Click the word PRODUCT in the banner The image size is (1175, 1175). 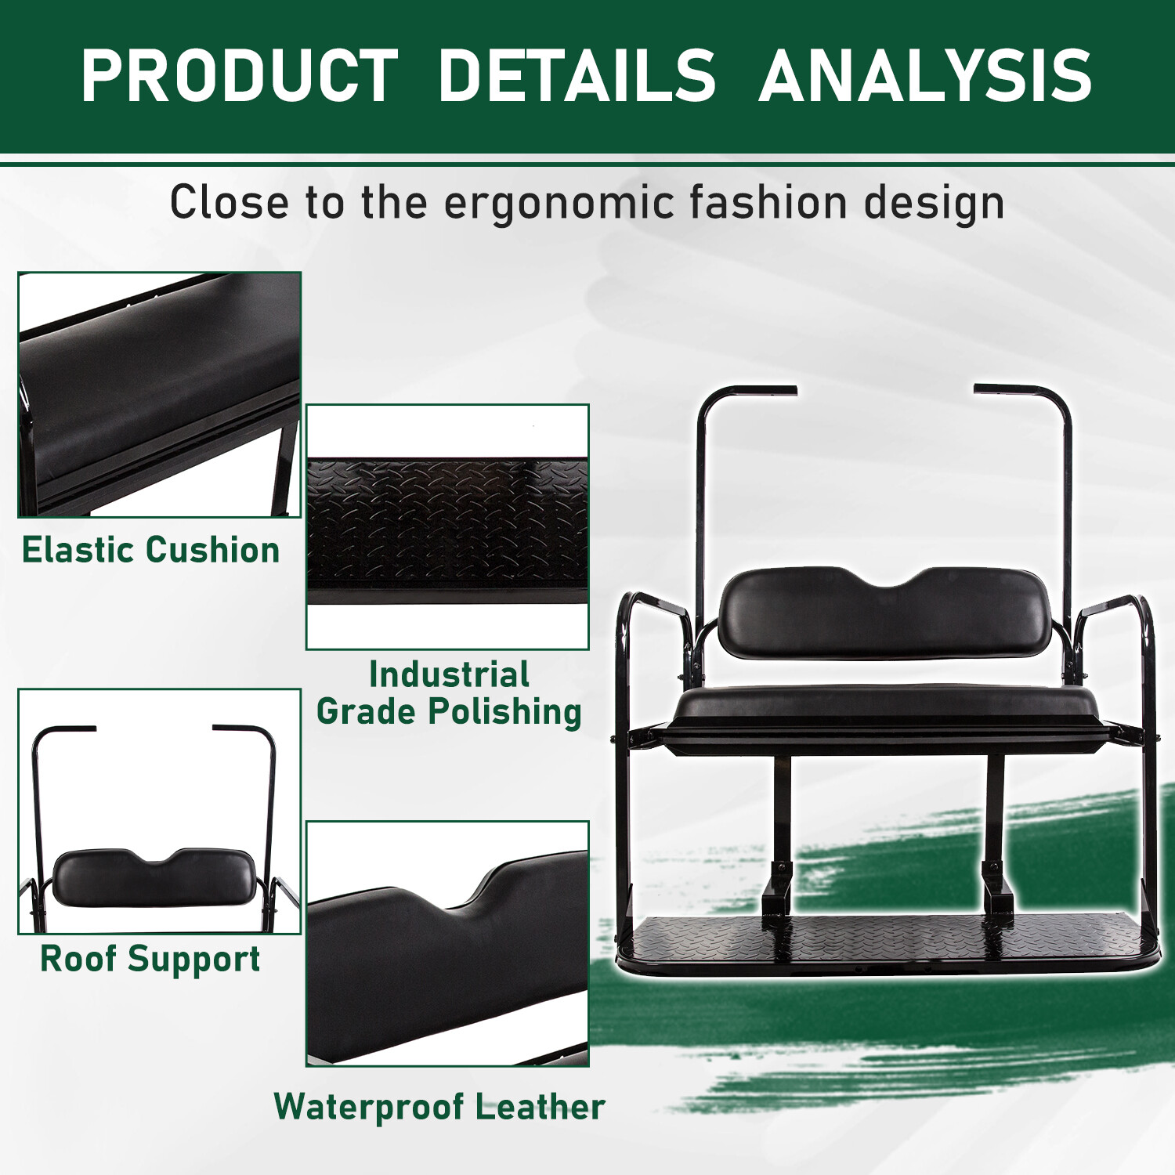click(x=239, y=76)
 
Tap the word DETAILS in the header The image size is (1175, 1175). click(x=577, y=76)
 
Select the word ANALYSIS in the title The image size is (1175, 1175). click(x=925, y=76)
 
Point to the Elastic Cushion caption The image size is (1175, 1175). click(x=150, y=550)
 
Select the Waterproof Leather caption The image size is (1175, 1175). click(x=439, y=1107)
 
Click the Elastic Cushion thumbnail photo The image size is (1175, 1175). click(x=159, y=394)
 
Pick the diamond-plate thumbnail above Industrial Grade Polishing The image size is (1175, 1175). click(x=447, y=526)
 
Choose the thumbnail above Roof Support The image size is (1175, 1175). click(x=159, y=811)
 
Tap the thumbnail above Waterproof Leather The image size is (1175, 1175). click(x=447, y=943)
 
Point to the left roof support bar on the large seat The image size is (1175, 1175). click(x=702, y=486)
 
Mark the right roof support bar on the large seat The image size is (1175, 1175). click(x=1066, y=486)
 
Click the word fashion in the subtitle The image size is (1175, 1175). click(x=768, y=203)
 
